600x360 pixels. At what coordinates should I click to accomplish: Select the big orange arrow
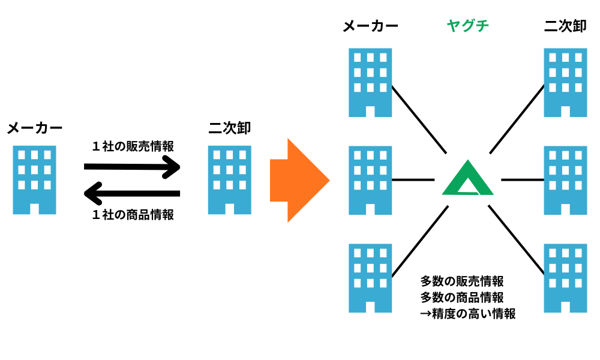click(299, 180)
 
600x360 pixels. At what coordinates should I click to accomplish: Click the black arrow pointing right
click(132, 166)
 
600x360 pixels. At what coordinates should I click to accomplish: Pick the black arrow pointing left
click(132, 193)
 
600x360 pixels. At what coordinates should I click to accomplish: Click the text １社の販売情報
click(133, 146)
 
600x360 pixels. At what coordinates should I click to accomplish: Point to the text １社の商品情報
click(133, 214)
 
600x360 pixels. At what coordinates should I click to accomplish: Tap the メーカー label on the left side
click(34, 128)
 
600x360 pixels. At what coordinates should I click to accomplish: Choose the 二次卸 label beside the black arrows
click(230, 128)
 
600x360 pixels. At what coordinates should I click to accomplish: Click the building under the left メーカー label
click(34, 180)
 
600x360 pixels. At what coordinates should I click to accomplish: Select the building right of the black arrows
click(230, 180)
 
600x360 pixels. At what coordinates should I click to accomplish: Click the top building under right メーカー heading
click(370, 82)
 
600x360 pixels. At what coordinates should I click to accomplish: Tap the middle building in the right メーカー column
click(370, 180)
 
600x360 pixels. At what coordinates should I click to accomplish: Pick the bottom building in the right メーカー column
click(370, 278)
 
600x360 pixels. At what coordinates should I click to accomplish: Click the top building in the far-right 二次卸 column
click(565, 82)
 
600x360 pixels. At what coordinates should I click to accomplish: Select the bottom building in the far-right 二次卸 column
click(565, 278)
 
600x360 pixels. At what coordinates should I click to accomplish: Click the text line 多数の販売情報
click(461, 281)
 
